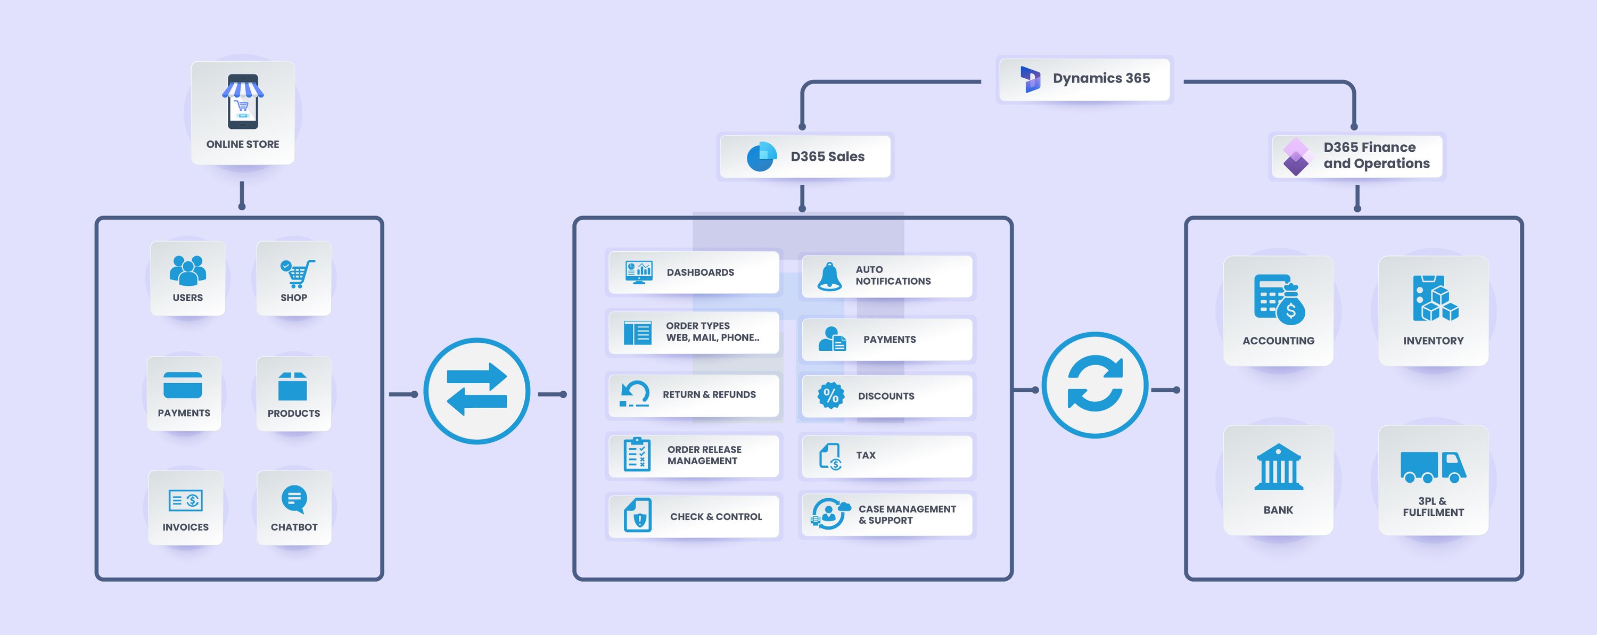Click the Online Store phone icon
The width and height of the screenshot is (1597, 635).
242,101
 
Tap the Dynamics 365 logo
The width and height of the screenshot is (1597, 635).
1031,79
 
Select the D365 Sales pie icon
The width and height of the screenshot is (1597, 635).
761,156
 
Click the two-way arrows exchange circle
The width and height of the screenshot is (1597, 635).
477,391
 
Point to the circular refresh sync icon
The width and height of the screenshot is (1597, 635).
1095,385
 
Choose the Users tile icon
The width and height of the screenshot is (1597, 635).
187,270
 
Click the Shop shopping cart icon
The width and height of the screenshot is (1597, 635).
297,273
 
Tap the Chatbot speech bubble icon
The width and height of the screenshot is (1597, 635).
294,499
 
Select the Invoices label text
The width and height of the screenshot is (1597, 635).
185,527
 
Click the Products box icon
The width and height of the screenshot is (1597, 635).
293,386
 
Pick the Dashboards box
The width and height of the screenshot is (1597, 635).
693,272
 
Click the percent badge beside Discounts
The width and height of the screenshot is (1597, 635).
831,395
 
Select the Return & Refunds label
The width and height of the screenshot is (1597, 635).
709,394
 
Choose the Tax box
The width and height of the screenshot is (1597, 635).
886,456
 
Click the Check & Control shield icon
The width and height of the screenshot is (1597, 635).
638,515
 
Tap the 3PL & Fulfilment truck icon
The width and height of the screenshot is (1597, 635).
1433,467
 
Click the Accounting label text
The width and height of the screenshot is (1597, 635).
1278,341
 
